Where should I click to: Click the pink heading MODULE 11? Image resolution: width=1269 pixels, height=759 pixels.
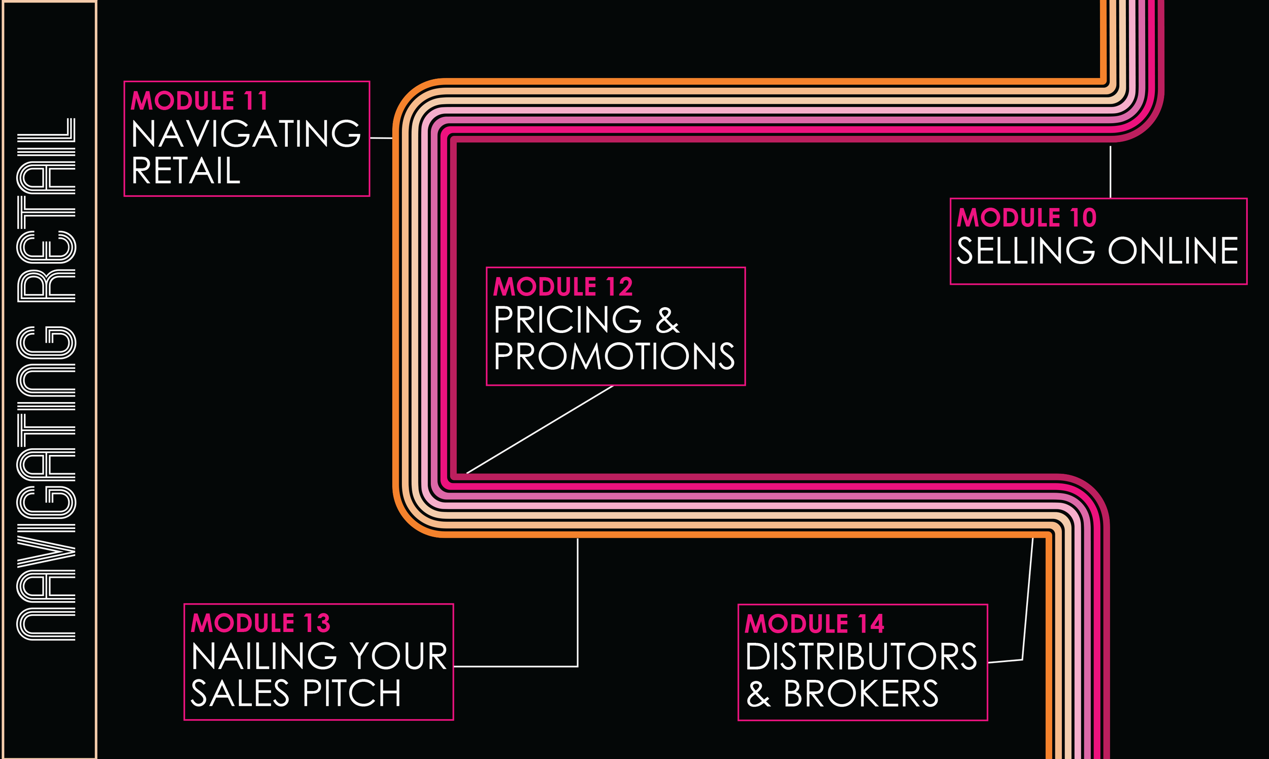click(199, 101)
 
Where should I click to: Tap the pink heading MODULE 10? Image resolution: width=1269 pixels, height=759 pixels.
click(1026, 218)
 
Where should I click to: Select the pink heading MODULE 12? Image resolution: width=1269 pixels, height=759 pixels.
click(563, 286)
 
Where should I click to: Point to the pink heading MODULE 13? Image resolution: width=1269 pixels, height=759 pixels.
click(261, 623)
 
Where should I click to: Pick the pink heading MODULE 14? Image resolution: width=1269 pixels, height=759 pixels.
click(815, 623)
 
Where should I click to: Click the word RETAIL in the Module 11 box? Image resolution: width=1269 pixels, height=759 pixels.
click(186, 171)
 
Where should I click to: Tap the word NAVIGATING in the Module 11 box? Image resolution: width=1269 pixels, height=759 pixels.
click(246, 134)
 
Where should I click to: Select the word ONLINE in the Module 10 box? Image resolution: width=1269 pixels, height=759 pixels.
click(1173, 251)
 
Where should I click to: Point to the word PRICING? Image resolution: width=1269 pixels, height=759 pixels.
click(567, 320)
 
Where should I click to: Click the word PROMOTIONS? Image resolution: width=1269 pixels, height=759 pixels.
click(614, 356)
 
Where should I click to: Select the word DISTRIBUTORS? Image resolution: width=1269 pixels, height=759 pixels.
click(861, 657)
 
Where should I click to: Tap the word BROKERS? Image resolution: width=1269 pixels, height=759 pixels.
click(861, 694)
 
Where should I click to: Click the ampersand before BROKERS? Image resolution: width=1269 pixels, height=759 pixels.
click(758, 694)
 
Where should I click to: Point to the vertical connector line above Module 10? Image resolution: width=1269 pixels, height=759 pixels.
click(1110, 172)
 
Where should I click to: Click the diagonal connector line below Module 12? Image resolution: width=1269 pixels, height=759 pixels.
click(540, 429)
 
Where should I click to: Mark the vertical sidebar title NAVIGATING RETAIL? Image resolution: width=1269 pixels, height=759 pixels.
click(47, 379)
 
